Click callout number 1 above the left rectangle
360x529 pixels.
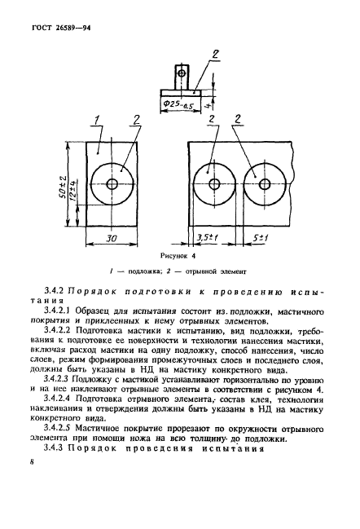pyautogui.click(x=95, y=122)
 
